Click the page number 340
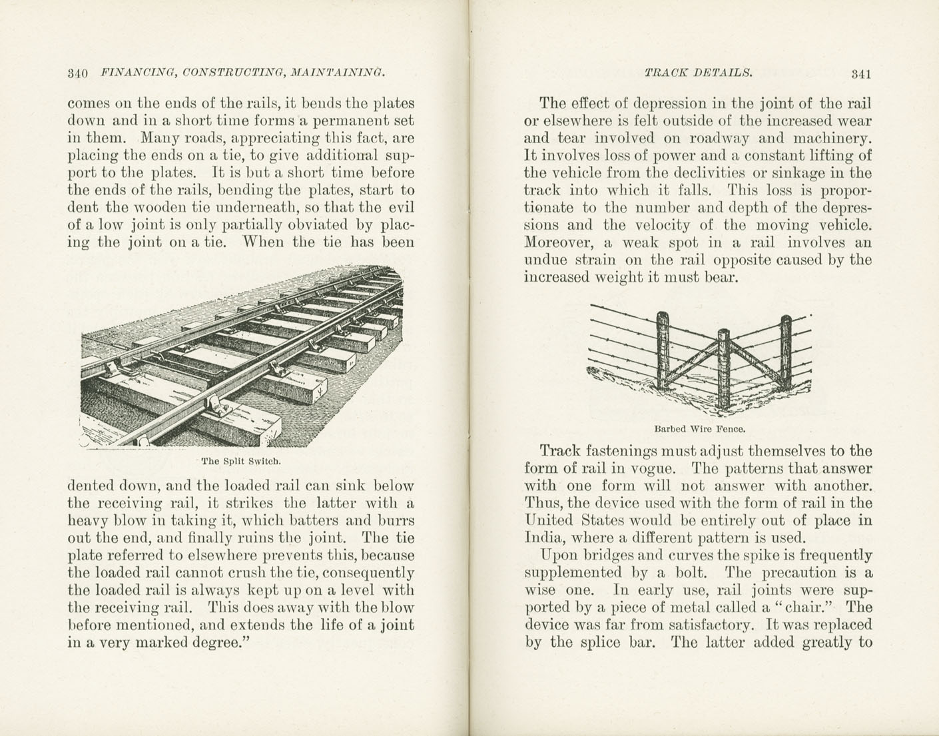point(78,73)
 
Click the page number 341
point(861,74)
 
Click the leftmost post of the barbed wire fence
point(662,350)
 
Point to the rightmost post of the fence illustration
point(786,348)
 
